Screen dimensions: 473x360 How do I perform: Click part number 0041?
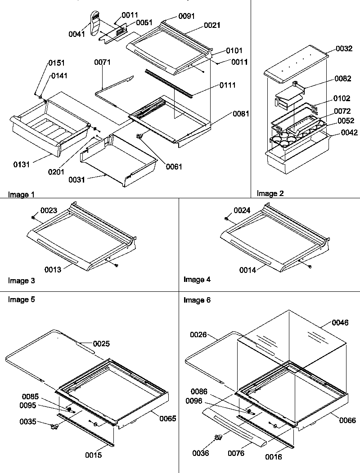pos(77,34)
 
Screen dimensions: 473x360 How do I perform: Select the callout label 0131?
pos(21,165)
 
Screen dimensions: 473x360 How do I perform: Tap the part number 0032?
pos(344,49)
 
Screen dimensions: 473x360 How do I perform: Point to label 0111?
pos(228,85)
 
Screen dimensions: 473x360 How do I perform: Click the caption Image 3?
pos(21,281)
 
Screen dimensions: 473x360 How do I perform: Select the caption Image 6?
pos(197,300)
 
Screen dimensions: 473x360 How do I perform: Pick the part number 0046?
pos(340,322)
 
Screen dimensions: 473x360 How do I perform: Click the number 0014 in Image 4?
pos(247,270)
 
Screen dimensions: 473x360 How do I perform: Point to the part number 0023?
pos(49,210)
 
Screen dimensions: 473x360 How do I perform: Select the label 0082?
pos(343,79)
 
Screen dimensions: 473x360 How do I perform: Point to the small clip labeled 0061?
pos(139,136)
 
